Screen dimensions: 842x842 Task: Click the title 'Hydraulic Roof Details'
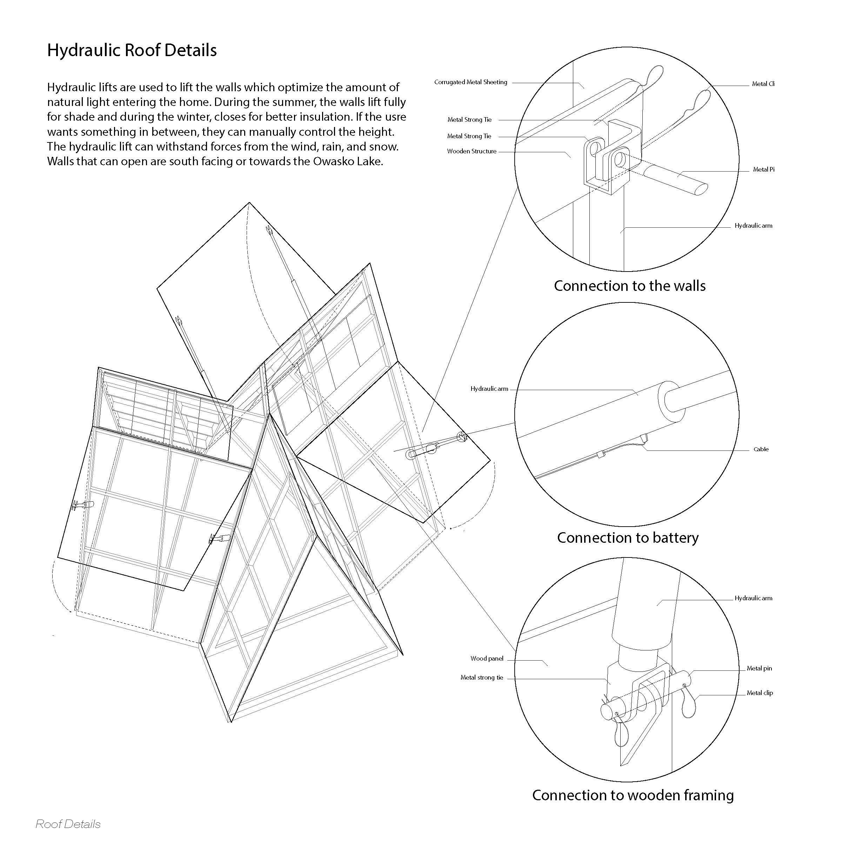pos(132,51)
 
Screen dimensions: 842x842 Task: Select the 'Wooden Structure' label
pos(472,152)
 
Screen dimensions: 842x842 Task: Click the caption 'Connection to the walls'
pos(629,286)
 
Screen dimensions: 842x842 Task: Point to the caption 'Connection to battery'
pos(627,538)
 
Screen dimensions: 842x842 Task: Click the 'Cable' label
pos(761,449)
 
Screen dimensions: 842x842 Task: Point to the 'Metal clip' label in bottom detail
pos(759,693)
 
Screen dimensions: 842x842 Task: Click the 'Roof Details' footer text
pos(68,824)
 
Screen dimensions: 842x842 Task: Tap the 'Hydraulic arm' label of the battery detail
pos(489,389)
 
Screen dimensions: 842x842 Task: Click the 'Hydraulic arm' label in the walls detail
pos(753,226)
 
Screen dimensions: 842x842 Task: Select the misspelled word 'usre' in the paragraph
pos(395,117)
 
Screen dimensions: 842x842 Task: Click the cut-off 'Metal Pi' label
pos(763,169)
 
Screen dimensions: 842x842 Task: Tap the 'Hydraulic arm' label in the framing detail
pos(753,599)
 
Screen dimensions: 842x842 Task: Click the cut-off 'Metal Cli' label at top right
pos(763,84)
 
